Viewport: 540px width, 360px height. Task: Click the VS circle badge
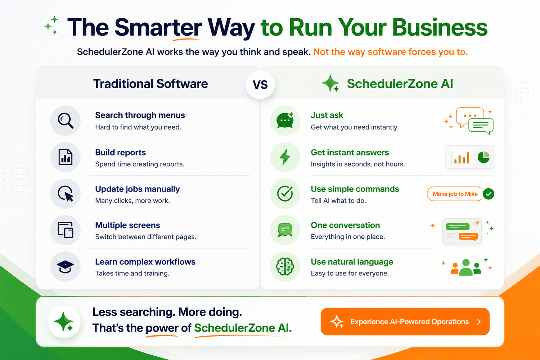[x=260, y=85]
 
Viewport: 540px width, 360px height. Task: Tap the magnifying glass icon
[x=65, y=121]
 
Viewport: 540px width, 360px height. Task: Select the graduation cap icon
[x=65, y=267]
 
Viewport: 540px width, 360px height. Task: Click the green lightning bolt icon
[x=285, y=157]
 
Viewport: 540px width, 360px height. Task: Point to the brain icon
[x=285, y=266]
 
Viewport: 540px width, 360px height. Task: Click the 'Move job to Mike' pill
[x=455, y=194]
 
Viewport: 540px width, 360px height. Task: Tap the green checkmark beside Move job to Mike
[x=489, y=194]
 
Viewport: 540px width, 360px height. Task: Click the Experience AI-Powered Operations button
[x=405, y=321]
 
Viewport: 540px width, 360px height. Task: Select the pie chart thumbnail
[x=483, y=157]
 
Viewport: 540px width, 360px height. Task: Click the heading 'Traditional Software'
[x=150, y=84]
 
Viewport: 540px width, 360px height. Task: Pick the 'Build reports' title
[x=120, y=152]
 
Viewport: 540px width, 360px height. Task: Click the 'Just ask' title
[x=327, y=115]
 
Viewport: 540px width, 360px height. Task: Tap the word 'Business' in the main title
[x=440, y=27]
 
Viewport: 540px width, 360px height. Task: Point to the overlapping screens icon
[x=65, y=230]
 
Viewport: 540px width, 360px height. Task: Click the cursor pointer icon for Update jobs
[x=66, y=194]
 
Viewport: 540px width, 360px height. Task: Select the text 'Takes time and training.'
[x=132, y=273]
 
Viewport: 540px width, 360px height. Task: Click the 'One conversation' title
[x=345, y=225]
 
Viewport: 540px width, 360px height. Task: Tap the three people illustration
[x=466, y=267]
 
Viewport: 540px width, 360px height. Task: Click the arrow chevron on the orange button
[x=479, y=322]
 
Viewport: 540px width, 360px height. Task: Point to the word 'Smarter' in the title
[x=158, y=27]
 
